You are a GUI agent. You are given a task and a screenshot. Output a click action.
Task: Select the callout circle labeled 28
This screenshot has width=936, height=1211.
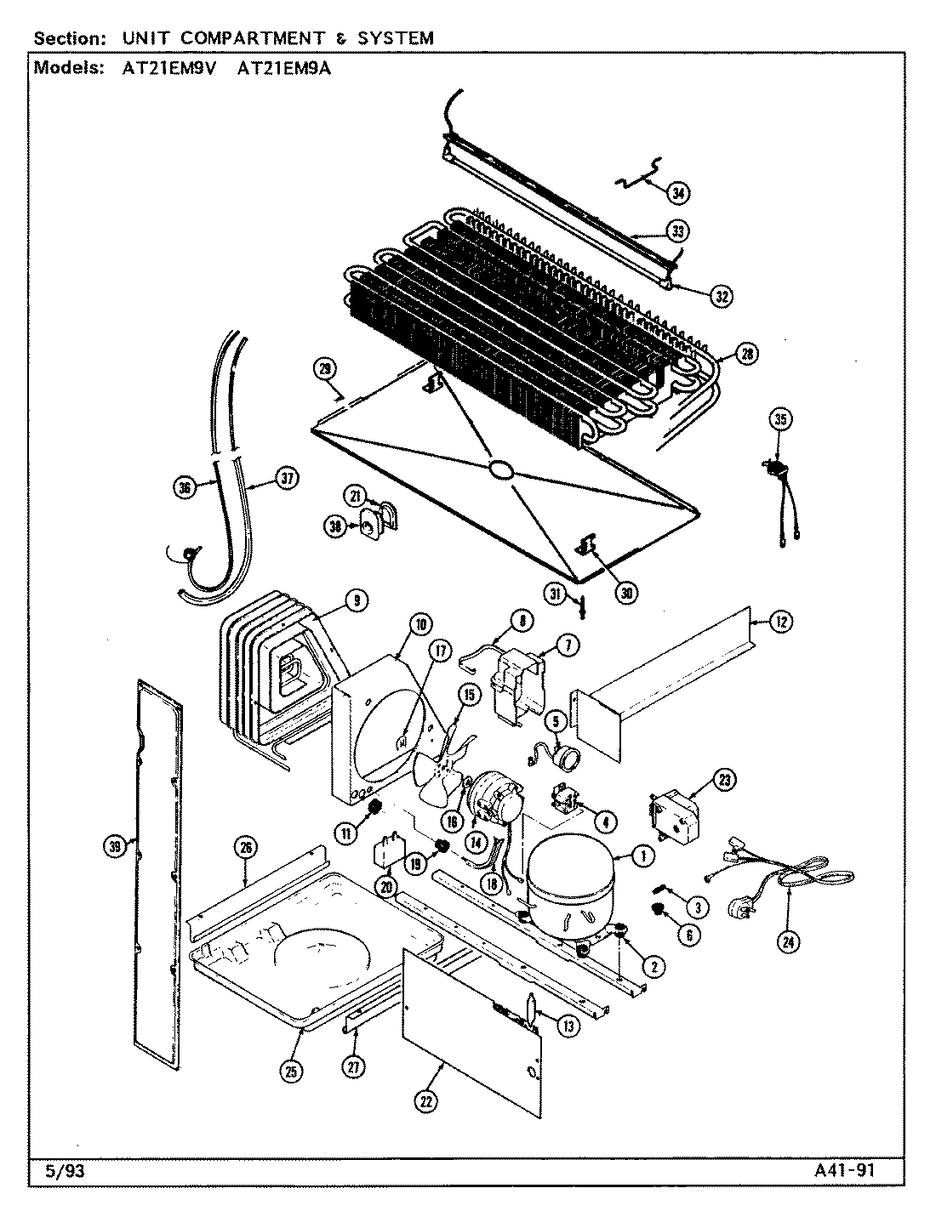pyautogui.click(x=747, y=355)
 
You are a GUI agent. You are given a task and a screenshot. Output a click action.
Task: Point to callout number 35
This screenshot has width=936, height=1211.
pyautogui.click(x=780, y=418)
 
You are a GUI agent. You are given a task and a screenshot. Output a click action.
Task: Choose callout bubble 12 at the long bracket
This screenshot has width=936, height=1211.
pyautogui.click(x=781, y=623)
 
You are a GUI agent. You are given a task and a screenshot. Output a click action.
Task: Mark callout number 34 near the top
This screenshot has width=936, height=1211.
pyautogui.click(x=677, y=193)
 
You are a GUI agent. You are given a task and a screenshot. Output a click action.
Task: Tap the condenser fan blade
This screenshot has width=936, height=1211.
pyautogui.click(x=440, y=765)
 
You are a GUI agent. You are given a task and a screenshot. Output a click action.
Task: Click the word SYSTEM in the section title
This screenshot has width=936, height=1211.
pyautogui.click(x=395, y=38)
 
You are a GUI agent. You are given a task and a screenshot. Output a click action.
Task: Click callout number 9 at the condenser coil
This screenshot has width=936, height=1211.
pyautogui.click(x=356, y=602)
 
